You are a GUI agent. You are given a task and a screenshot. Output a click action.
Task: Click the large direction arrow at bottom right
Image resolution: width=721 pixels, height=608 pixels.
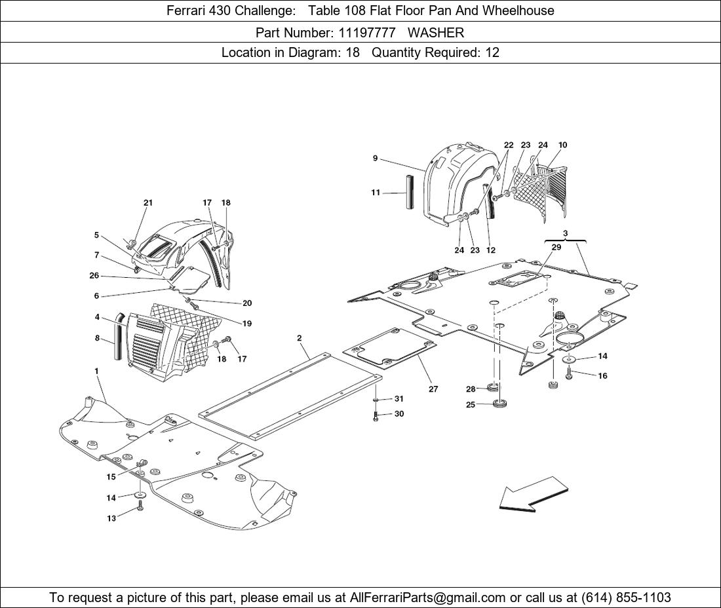[x=533, y=494]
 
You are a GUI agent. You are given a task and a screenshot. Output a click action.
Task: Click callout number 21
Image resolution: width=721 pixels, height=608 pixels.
[x=148, y=203]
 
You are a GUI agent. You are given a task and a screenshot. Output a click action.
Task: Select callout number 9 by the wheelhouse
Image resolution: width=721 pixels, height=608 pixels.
[x=375, y=159]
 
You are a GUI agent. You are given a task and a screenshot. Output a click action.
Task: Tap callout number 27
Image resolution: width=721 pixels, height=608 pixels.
[x=433, y=389]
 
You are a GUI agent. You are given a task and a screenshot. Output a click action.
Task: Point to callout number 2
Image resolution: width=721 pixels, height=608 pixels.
[x=300, y=339]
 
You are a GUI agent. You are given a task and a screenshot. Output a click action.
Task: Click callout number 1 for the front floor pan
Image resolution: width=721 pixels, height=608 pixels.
[x=96, y=371]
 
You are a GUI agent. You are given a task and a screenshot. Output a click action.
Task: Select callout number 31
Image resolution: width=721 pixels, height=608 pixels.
[x=399, y=399]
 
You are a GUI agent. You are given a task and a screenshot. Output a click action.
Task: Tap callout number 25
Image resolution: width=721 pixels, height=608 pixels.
[x=471, y=405]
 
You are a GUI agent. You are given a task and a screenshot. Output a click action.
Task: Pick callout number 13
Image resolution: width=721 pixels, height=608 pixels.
[x=111, y=518]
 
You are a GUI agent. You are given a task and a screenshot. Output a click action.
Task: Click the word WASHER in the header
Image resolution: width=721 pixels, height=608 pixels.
[x=436, y=32]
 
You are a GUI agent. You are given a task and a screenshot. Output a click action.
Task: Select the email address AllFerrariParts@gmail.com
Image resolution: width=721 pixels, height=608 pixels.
[x=428, y=598]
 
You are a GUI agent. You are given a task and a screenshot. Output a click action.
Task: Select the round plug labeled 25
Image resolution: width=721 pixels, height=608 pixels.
[x=503, y=404]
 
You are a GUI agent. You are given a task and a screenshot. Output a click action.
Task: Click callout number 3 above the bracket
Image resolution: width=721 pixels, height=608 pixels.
[x=565, y=234]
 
